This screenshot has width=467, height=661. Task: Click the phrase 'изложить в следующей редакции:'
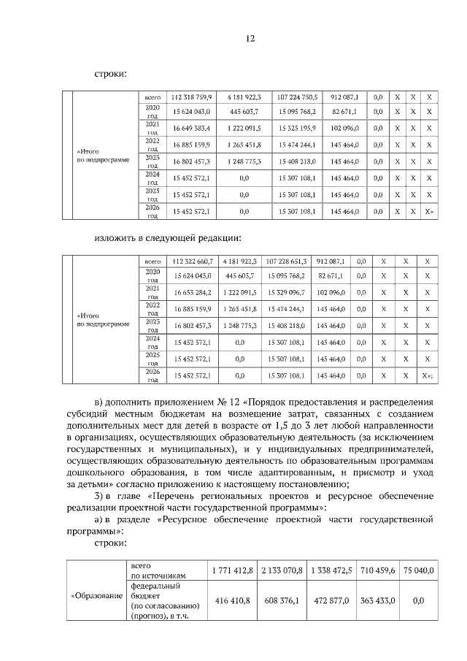(x=167, y=237)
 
